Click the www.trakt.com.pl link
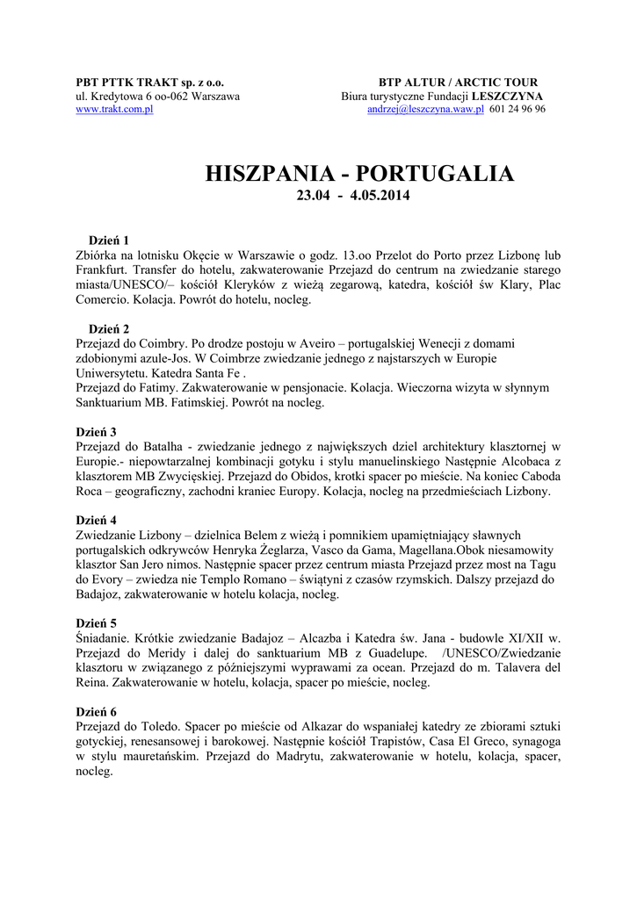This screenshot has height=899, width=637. click(114, 109)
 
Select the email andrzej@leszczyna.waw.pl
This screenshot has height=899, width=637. click(425, 109)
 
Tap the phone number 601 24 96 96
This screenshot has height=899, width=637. click(518, 109)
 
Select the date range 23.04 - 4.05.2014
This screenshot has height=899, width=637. click(353, 195)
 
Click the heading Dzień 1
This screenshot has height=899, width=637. click(109, 240)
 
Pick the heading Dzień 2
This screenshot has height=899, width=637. click(109, 328)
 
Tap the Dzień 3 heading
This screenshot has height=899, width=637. click(97, 432)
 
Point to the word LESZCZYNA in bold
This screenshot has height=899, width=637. click(507, 96)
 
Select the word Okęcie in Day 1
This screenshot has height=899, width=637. click(194, 255)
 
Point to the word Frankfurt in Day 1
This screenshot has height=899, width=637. click(106, 270)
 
